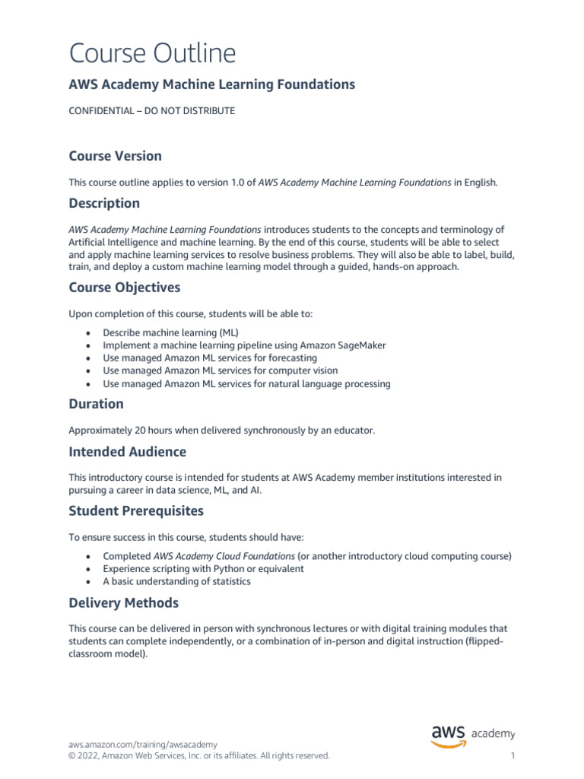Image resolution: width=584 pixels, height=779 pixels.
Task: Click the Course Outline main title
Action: pyautogui.click(x=152, y=53)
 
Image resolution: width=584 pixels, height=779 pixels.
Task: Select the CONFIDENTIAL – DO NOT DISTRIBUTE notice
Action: pyautogui.click(x=152, y=111)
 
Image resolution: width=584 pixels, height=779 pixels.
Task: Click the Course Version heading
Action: pyautogui.click(x=115, y=156)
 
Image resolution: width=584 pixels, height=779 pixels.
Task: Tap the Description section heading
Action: pyautogui.click(x=104, y=203)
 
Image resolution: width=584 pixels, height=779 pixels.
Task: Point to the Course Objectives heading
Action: pyautogui.click(x=125, y=288)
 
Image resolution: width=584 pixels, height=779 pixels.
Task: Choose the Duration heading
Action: pyautogui.click(x=96, y=404)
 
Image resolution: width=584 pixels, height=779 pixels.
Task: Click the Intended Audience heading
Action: pyautogui.click(x=127, y=452)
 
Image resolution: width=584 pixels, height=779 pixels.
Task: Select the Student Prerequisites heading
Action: pyautogui.click(x=136, y=510)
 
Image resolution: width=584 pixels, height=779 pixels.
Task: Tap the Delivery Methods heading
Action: pyautogui.click(x=124, y=603)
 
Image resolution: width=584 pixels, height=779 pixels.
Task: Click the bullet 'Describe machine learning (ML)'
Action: pyautogui.click(x=170, y=332)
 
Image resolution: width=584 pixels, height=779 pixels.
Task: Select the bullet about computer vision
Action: pyautogui.click(x=221, y=371)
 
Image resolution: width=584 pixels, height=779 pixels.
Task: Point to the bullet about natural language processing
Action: pyautogui.click(x=246, y=384)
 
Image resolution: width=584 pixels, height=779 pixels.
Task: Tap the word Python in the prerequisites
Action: pyautogui.click(x=233, y=569)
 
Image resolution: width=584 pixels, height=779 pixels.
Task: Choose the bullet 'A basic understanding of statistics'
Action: pyautogui.click(x=176, y=582)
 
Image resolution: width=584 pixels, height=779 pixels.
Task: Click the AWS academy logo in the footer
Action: pyautogui.click(x=472, y=734)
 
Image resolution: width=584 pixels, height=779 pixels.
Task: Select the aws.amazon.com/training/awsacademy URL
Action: pyautogui.click(x=143, y=744)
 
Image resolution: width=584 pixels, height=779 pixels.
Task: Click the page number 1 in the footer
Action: pyautogui.click(x=513, y=756)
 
